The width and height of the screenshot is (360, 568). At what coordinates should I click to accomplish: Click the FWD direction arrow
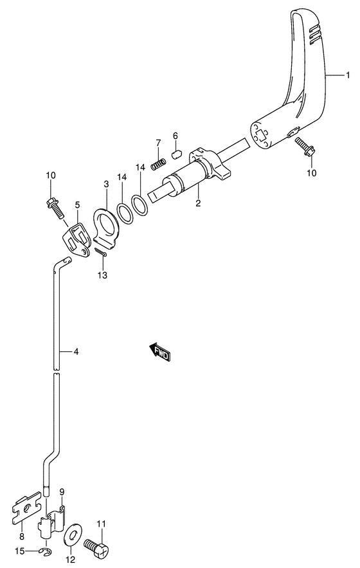(159, 352)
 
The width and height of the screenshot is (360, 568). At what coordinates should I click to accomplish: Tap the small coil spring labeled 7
(158, 164)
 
